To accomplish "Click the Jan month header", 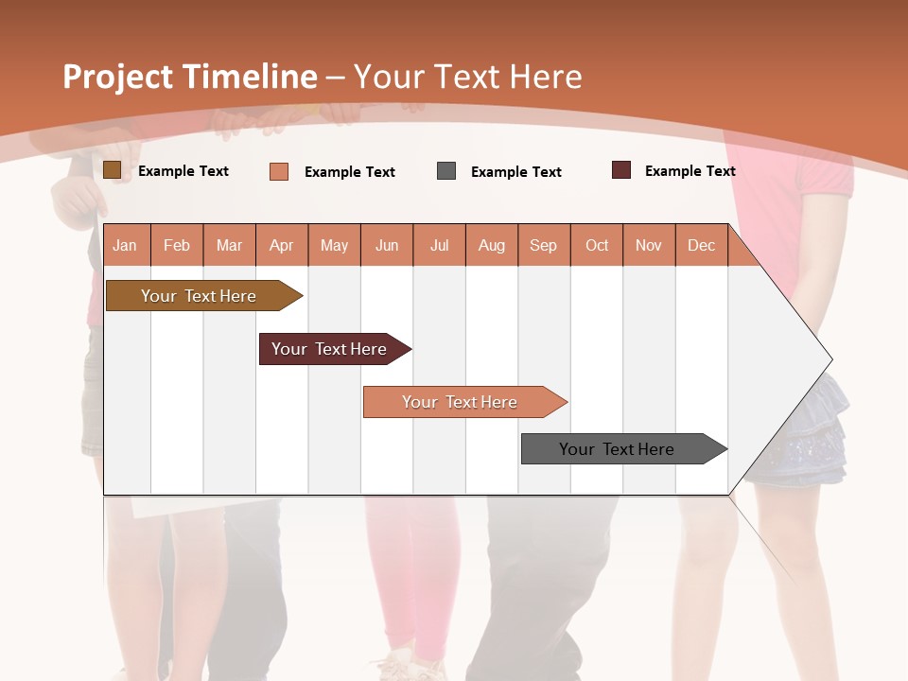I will click(x=126, y=245).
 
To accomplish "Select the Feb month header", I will click(x=177, y=245).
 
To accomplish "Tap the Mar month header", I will click(x=229, y=245).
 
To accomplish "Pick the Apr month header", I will click(x=282, y=245).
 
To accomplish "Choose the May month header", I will click(x=334, y=245).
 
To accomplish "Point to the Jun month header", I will click(x=387, y=245).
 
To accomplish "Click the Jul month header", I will click(x=439, y=245).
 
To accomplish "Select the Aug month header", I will click(x=492, y=245).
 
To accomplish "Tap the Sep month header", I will click(x=544, y=245).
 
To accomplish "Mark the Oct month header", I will click(x=597, y=245).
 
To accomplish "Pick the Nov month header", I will click(x=649, y=245).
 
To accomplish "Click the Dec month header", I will click(x=702, y=245).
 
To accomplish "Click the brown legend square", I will click(x=113, y=170).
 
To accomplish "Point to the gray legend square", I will click(x=446, y=171).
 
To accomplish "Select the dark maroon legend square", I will click(x=621, y=170).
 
